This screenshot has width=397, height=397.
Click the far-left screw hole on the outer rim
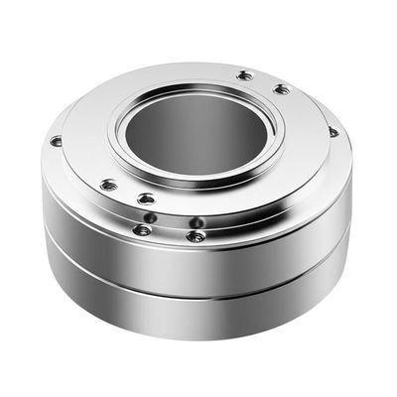[x=57, y=141]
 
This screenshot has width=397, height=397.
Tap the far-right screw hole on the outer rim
[x=332, y=131]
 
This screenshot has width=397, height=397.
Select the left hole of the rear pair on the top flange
[x=245, y=75]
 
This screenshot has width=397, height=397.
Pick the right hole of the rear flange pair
[x=282, y=89]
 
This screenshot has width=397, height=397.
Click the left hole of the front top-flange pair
[x=108, y=184]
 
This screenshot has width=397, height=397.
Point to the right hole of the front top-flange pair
[x=146, y=198]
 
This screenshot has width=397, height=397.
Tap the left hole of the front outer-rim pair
[x=143, y=230]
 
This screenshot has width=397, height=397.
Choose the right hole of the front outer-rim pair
[x=197, y=236]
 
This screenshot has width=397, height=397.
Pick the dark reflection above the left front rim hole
[x=149, y=217]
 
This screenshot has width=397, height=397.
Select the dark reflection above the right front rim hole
[x=198, y=222]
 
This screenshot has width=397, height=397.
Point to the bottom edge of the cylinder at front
[x=198, y=338]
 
